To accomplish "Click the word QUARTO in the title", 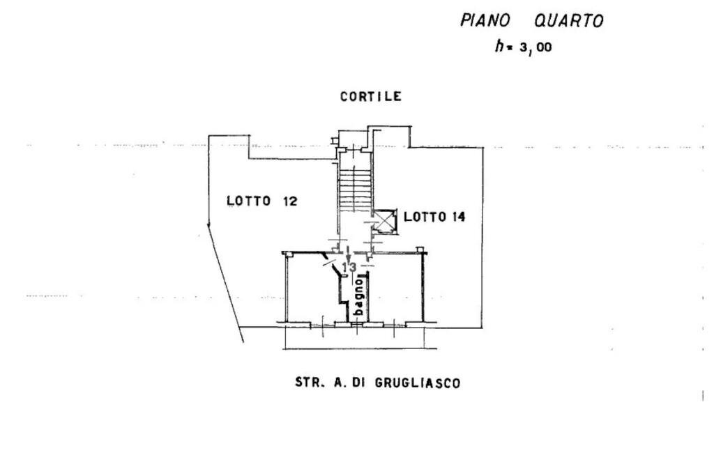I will coord(568,21).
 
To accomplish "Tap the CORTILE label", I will coord(370,97).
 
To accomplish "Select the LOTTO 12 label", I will coord(262,201).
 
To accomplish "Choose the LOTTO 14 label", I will coord(434,217).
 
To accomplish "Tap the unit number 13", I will coord(349,267).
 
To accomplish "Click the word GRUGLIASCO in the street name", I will coord(418,383).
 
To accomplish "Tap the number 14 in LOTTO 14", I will coord(458,217).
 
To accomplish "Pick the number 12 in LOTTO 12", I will coord(289,201).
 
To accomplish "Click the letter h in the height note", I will coord(499,47).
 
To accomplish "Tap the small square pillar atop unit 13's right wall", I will coord(419,249).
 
